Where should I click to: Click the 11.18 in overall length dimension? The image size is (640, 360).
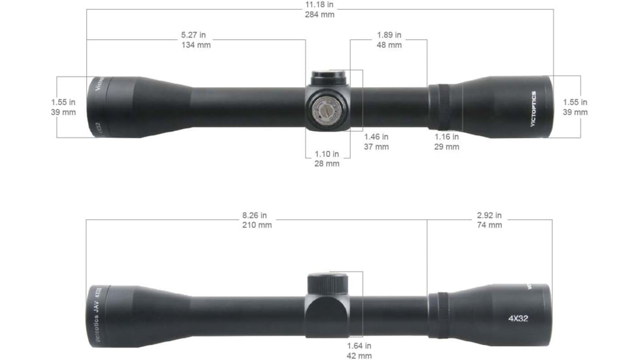click(x=319, y=9)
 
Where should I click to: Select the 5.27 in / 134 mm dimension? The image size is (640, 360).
click(x=196, y=40)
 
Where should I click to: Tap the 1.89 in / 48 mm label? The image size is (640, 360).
click(x=389, y=40)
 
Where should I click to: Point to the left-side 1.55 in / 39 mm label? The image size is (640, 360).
click(x=63, y=107)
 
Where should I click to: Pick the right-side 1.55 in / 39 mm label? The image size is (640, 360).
click(x=575, y=107)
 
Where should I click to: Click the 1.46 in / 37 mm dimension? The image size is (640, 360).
click(x=376, y=142)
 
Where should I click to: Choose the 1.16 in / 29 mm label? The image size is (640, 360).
click(x=447, y=142)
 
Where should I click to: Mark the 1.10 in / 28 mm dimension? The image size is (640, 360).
click(x=327, y=158)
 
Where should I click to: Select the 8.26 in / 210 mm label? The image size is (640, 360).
click(x=255, y=220)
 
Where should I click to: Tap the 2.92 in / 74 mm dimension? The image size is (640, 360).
click(x=489, y=220)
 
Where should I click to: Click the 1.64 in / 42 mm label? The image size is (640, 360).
click(x=359, y=350)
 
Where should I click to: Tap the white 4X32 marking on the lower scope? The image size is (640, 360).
click(x=518, y=319)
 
